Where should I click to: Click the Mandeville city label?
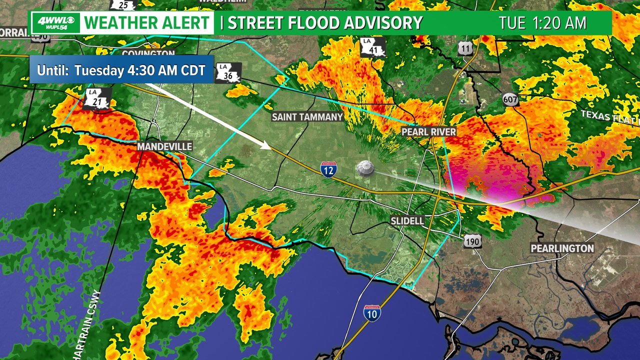164,146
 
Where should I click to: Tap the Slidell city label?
407,220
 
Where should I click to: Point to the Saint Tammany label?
307,117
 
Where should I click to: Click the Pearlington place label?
562,248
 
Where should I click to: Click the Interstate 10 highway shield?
372,313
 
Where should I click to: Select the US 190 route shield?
472,242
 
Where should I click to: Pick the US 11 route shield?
464,48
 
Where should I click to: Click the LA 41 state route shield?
373,47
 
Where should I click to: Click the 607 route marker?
510,99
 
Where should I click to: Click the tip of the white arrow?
270,148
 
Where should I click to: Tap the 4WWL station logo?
55,23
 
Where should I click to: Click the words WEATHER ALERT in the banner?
147,23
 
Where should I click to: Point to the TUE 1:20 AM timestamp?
542,23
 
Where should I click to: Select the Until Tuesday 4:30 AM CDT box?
121,69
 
